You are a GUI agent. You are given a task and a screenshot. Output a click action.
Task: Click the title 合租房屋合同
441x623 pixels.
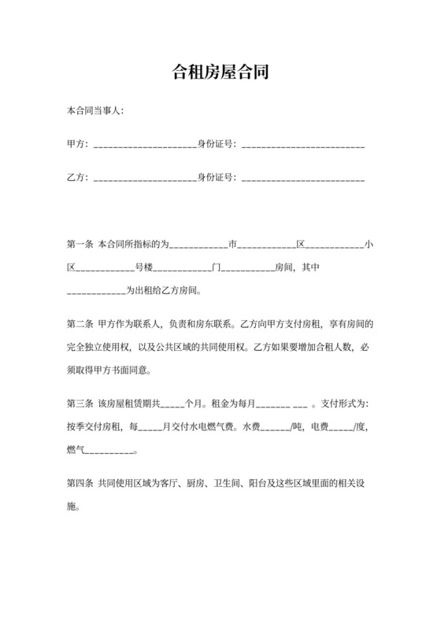[x=220, y=73]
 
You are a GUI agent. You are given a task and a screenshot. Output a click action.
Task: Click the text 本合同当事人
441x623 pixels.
[x=94, y=111]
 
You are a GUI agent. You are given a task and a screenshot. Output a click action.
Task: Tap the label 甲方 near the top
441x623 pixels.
[x=77, y=144]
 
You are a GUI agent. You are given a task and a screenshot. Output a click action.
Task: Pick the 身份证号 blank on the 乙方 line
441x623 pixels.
[x=303, y=179]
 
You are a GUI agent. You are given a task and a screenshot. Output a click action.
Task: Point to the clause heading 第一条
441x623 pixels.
[x=80, y=245]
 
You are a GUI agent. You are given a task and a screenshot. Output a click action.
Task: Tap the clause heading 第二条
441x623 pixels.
[x=80, y=324]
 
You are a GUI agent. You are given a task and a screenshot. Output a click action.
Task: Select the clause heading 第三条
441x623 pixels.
[x=80, y=404]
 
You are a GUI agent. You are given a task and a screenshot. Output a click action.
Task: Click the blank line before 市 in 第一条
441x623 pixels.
[x=198, y=245]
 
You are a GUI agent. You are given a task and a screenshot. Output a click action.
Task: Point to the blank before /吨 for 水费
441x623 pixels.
[x=275, y=427]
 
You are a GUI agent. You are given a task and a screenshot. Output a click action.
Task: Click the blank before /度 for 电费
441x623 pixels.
[x=340, y=427]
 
